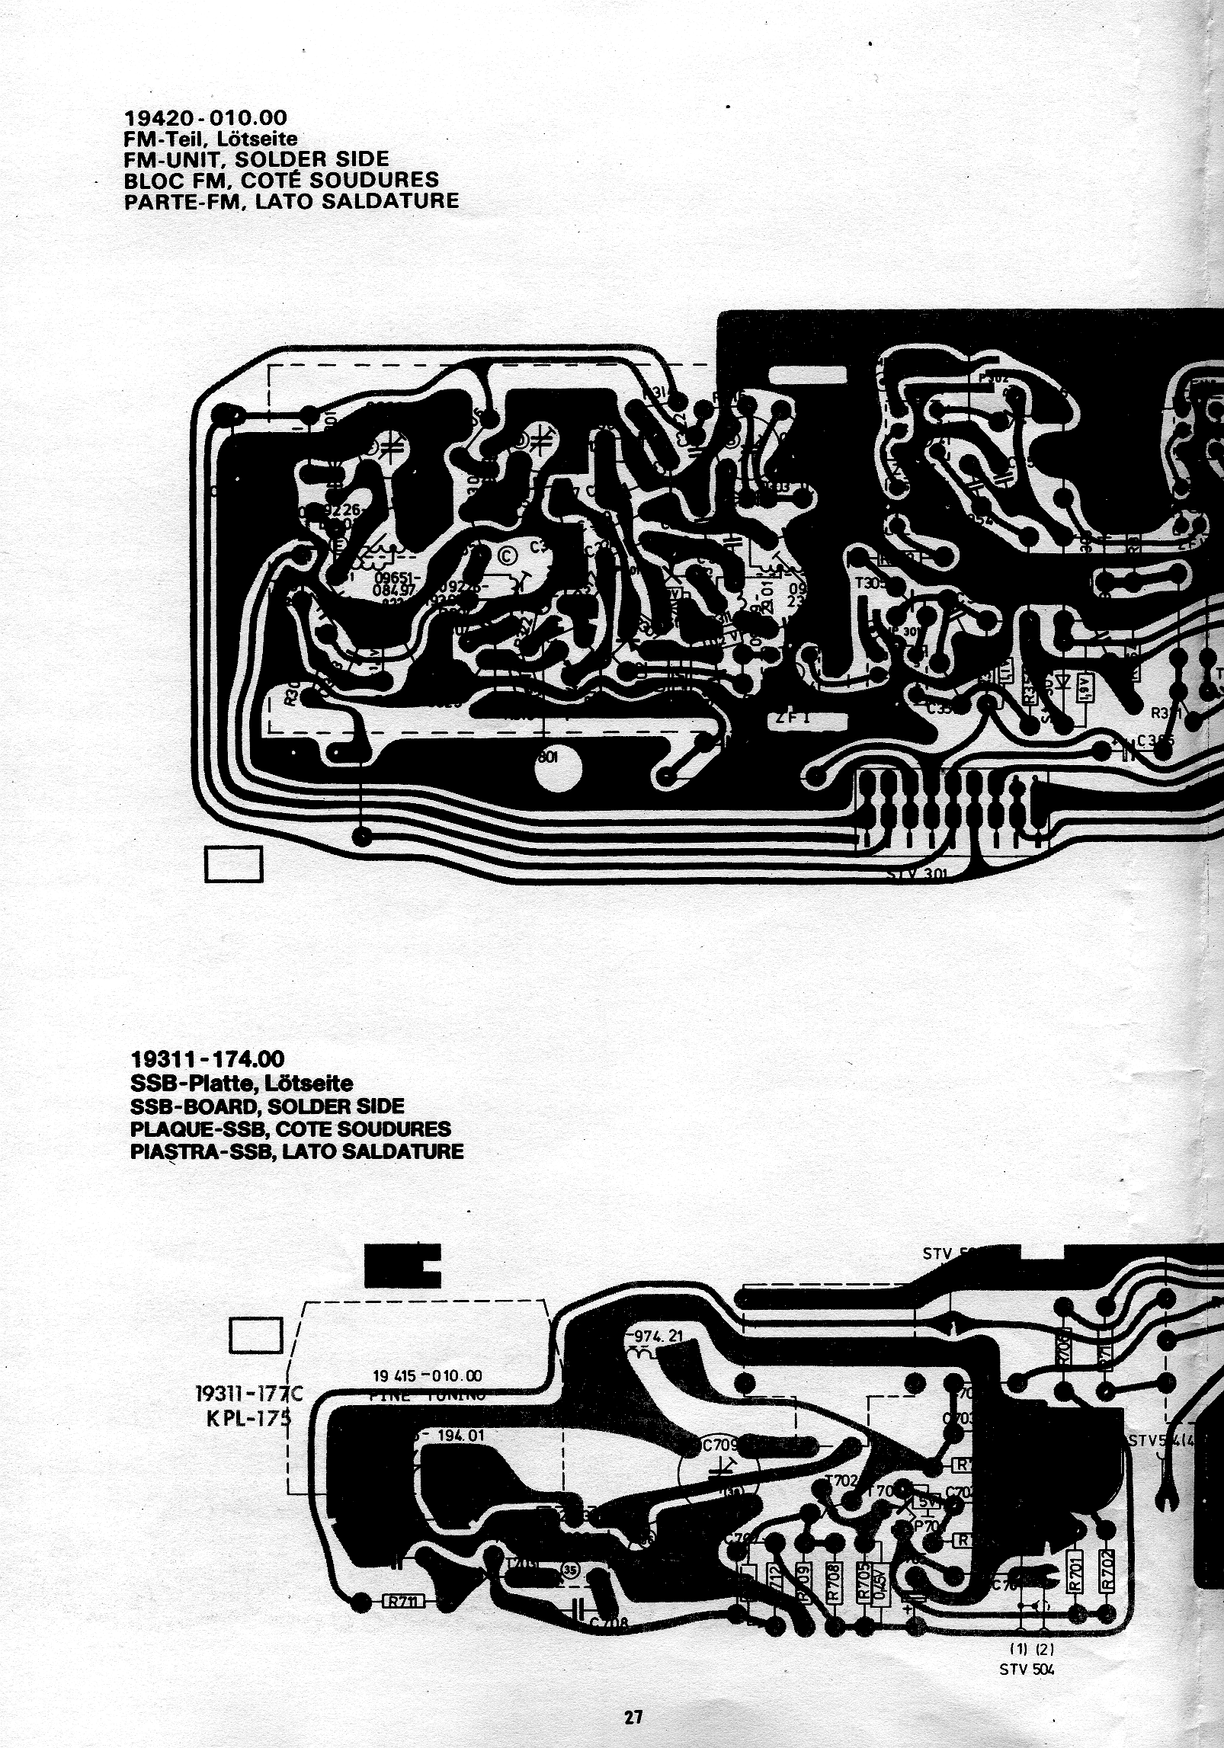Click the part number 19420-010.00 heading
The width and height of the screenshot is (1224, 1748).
[206, 118]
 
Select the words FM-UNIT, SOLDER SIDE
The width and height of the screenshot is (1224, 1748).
[256, 159]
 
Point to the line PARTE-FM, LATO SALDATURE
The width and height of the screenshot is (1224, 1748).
[291, 200]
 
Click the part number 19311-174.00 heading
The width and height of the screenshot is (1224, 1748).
[207, 1059]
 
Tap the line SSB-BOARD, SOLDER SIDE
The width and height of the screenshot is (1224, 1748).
[268, 1106]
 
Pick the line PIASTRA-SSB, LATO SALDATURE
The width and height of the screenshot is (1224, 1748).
[296, 1150]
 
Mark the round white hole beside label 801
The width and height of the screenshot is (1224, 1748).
[558, 770]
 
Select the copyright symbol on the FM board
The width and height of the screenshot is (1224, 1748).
[507, 556]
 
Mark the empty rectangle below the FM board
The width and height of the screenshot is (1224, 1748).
[233, 864]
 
